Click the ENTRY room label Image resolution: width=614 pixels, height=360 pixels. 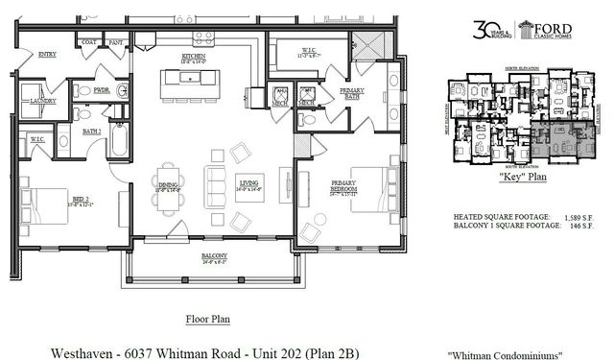47,55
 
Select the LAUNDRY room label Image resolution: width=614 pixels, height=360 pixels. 42,100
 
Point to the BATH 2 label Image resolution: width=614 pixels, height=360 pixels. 92,130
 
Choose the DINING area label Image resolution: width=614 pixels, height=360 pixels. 167,184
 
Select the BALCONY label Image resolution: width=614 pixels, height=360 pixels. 214,255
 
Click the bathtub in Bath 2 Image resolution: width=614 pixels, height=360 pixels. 119,142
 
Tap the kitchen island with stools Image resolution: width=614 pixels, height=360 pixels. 190,84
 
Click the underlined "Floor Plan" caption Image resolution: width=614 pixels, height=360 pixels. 206,317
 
